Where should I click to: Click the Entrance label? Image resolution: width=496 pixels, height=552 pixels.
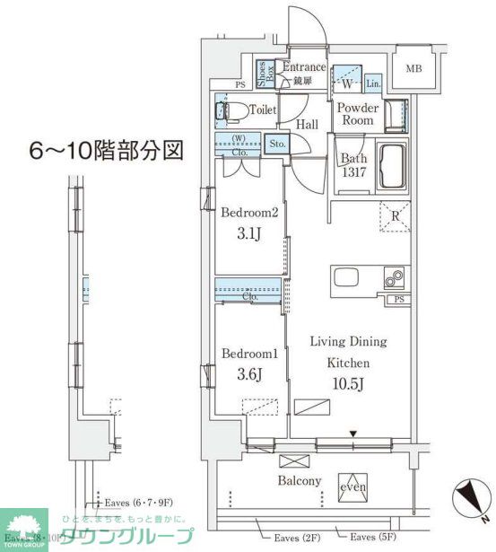tap(305, 66)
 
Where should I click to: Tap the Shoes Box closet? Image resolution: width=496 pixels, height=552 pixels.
tap(265, 73)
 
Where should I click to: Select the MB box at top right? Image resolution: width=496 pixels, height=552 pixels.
tap(413, 69)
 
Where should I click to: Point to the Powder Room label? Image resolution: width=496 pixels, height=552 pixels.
tap(357, 114)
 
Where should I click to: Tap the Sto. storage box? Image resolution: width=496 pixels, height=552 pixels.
tap(276, 143)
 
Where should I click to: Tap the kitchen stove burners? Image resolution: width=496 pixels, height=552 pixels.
tap(395, 279)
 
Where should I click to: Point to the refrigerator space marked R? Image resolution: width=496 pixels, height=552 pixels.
tap(394, 216)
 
